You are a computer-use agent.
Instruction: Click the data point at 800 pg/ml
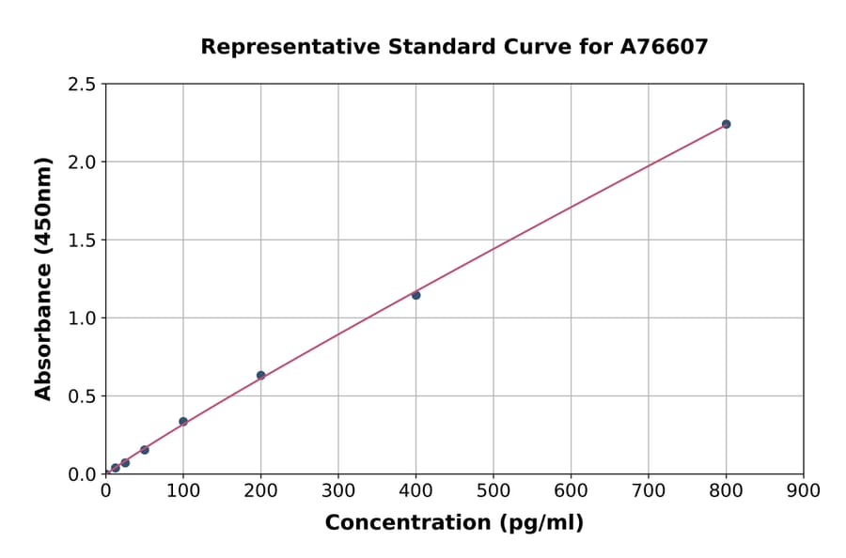(726, 124)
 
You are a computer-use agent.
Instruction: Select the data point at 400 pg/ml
(415, 295)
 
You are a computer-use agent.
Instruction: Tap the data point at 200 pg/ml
(260, 375)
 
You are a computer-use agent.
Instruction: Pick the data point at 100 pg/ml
(183, 421)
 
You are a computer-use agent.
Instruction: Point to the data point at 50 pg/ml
(144, 450)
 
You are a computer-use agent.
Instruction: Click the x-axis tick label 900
(803, 490)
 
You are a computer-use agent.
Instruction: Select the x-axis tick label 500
(493, 490)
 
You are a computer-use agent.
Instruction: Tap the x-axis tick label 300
(338, 490)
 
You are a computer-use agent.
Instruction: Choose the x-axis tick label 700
(648, 490)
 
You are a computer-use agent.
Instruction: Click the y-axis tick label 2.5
(83, 85)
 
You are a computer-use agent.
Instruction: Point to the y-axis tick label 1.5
(83, 240)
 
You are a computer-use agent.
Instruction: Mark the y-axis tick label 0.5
(83, 396)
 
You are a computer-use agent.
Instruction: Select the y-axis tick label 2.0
(83, 163)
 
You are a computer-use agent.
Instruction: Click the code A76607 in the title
(665, 46)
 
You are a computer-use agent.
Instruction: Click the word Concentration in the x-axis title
(407, 523)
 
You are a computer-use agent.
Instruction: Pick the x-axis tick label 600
(571, 490)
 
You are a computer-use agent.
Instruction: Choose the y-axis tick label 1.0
(83, 318)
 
